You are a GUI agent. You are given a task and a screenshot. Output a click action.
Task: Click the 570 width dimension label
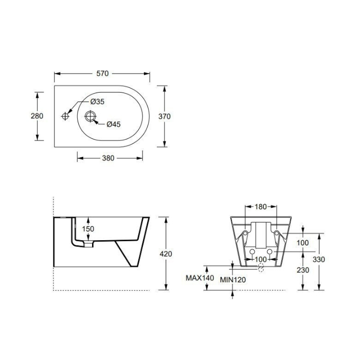pos(102,74)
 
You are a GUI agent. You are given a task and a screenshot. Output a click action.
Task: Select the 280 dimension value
pos(37,116)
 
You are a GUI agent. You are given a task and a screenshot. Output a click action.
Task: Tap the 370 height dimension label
pos(165,116)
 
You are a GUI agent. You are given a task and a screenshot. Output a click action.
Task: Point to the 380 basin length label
pos(108,158)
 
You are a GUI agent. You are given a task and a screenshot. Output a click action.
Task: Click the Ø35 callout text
pos(97,101)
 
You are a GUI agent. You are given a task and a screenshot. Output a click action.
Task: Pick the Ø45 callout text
pos(114,124)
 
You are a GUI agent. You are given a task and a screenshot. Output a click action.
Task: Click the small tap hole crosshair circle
pos(65,116)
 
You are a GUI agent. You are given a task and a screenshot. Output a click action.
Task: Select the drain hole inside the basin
pos(90,116)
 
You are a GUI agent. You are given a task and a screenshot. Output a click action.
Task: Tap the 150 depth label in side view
pos(88,229)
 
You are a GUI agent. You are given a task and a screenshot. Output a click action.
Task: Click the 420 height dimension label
pos(166,254)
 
